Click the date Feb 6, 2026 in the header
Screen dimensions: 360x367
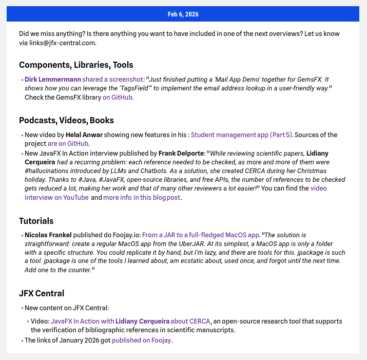pos(183,14)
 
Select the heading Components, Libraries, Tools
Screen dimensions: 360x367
pos(76,65)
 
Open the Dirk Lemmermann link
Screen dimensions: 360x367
pos(52,80)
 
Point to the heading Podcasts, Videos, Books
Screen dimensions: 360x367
pos(66,120)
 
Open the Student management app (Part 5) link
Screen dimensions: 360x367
pos(241,135)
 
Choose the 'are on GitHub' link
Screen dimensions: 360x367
pos(68,144)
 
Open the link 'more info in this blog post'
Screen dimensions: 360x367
pos(142,197)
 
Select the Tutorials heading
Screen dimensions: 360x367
pos(36,221)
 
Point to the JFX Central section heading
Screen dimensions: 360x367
pos(42,293)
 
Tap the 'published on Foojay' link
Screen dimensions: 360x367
pos(142,340)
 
